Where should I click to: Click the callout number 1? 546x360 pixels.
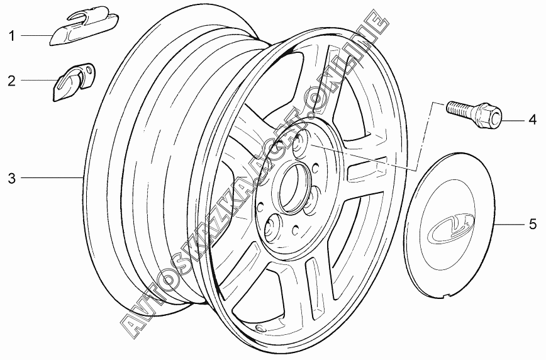11,35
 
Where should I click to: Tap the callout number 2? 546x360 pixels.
11,80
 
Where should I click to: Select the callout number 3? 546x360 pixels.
11,178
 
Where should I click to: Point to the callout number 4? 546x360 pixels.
532,118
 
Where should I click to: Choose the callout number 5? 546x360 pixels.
532,223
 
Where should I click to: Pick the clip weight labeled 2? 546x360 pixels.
69,82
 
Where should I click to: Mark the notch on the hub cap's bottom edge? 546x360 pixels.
447,293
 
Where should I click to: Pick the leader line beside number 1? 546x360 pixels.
36,35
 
